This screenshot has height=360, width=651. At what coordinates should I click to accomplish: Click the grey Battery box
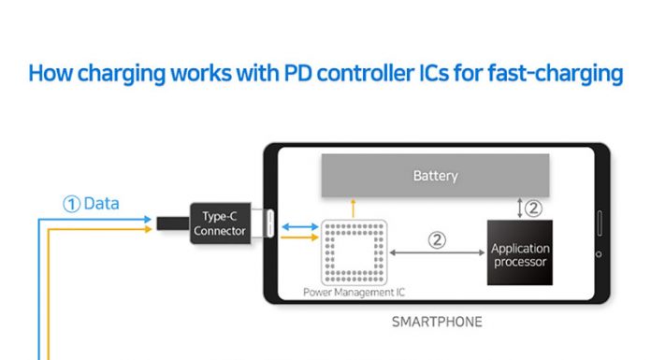(x=435, y=175)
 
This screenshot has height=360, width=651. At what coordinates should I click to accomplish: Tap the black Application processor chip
(x=520, y=252)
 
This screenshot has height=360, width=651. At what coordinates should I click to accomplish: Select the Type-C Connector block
(x=220, y=223)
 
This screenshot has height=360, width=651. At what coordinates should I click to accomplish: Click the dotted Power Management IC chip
(x=354, y=252)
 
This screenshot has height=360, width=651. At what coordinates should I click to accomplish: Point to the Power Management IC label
(x=354, y=293)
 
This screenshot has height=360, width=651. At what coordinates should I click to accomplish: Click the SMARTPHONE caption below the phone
(x=437, y=322)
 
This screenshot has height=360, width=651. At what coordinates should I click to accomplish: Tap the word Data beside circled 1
(x=101, y=204)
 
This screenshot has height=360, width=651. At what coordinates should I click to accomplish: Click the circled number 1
(x=71, y=204)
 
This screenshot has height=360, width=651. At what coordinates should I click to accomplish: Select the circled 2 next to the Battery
(x=533, y=208)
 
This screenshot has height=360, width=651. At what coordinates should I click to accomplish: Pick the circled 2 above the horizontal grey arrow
(x=437, y=240)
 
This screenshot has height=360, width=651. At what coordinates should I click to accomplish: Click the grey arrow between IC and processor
(x=437, y=252)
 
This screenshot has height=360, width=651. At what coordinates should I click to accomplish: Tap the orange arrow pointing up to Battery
(x=353, y=209)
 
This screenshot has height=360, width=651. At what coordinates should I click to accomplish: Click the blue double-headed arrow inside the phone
(x=300, y=226)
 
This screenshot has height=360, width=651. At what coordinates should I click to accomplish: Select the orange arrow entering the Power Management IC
(x=299, y=238)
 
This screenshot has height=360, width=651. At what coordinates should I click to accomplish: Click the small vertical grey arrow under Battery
(x=519, y=208)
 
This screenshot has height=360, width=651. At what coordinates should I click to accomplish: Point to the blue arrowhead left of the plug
(x=148, y=219)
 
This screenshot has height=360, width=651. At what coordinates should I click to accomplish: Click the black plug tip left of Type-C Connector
(x=173, y=223)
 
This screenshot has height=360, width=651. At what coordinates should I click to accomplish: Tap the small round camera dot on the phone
(x=599, y=254)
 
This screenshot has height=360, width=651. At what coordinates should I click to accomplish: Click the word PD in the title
(x=297, y=73)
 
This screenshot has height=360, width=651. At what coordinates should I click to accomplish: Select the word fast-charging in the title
(x=556, y=74)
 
